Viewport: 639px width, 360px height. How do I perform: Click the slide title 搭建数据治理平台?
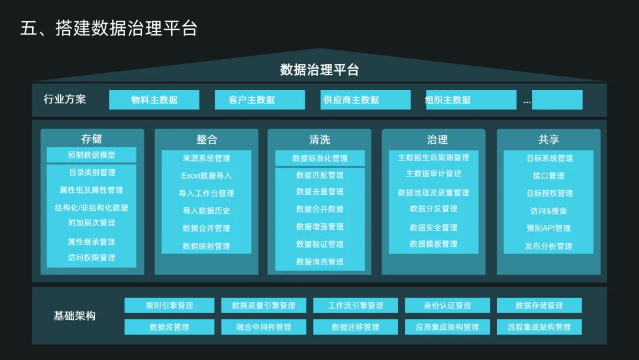click(x=108, y=28)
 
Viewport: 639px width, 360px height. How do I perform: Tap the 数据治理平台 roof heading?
click(x=319, y=70)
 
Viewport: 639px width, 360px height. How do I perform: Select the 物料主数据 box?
click(x=154, y=99)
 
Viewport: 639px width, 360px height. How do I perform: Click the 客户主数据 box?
click(x=259, y=99)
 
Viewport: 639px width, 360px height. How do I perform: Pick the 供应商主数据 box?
click(x=365, y=99)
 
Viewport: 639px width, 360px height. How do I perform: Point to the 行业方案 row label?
click(x=64, y=99)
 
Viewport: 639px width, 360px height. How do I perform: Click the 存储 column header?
click(x=92, y=139)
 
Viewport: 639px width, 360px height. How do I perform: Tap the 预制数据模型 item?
click(x=92, y=155)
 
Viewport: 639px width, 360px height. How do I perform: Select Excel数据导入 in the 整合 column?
click(x=206, y=176)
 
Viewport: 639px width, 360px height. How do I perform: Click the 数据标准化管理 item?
click(x=319, y=158)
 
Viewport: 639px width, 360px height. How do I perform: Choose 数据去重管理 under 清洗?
click(x=319, y=192)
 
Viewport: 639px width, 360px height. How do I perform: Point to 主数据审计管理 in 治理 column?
click(x=434, y=174)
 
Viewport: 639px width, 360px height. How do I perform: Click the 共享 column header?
click(x=548, y=140)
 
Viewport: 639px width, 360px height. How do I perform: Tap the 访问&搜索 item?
click(x=548, y=211)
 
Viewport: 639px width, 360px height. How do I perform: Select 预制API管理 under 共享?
click(x=548, y=228)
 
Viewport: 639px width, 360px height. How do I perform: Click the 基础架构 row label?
click(x=75, y=316)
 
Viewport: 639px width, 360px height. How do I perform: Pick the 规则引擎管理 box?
click(x=169, y=306)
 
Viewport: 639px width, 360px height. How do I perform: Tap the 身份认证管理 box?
click(x=447, y=306)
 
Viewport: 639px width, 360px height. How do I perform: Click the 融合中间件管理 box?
click(x=264, y=327)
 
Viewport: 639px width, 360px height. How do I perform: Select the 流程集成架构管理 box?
click(x=539, y=327)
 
